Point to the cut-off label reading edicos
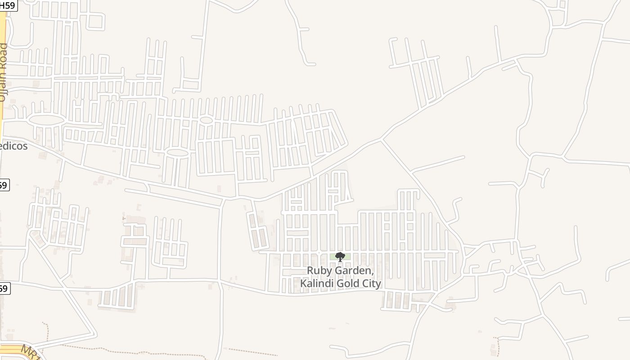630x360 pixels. (x=13, y=146)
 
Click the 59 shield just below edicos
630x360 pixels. (x=4, y=185)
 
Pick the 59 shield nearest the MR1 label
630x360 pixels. (x=4, y=288)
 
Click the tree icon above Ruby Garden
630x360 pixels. (x=340, y=257)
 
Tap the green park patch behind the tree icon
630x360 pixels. (x=333, y=257)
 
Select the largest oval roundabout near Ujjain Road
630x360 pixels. (x=46, y=120)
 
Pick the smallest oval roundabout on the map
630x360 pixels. (x=206, y=120)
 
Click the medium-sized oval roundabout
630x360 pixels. (x=178, y=153)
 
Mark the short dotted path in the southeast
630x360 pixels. (x=498, y=346)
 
